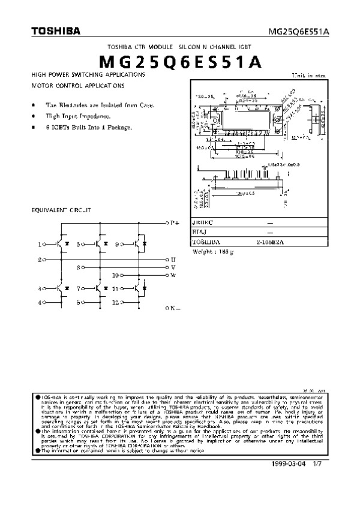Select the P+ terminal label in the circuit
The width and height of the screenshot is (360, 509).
(175, 222)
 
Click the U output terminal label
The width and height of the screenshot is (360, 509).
(173, 259)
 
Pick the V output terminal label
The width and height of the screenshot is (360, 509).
(173, 267)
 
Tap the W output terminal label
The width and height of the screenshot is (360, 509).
(173, 275)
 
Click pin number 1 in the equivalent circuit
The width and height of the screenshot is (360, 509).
(40, 245)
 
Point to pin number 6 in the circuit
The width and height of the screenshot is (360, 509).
(79, 267)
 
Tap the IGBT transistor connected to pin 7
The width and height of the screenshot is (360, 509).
(100, 288)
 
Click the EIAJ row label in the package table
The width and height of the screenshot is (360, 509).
(199, 232)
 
